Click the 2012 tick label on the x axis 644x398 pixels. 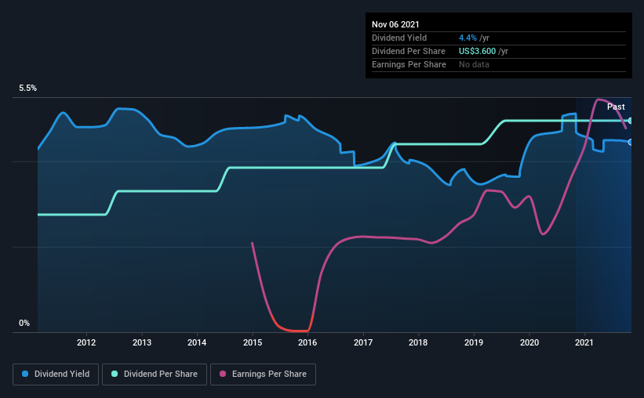tap(86, 342)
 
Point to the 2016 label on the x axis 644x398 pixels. tap(307, 342)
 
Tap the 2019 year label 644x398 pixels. tap(474, 342)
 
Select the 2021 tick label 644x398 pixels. tap(584, 342)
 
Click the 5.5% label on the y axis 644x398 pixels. tap(28, 89)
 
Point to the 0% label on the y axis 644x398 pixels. tap(24, 323)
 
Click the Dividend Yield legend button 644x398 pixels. tap(56, 374)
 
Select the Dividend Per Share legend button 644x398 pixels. tap(159, 374)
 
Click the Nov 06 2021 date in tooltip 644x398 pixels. tap(396, 24)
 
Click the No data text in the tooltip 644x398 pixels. tap(474, 64)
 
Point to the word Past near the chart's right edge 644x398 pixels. tap(616, 107)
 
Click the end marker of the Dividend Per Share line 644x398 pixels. tap(631, 121)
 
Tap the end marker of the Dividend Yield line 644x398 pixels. tap(631, 142)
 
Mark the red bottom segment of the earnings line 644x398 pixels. tap(295, 331)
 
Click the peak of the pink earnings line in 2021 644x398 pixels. tap(599, 99)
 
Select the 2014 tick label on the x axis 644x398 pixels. tap(197, 342)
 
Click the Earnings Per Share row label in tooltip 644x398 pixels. tap(409, 64)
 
